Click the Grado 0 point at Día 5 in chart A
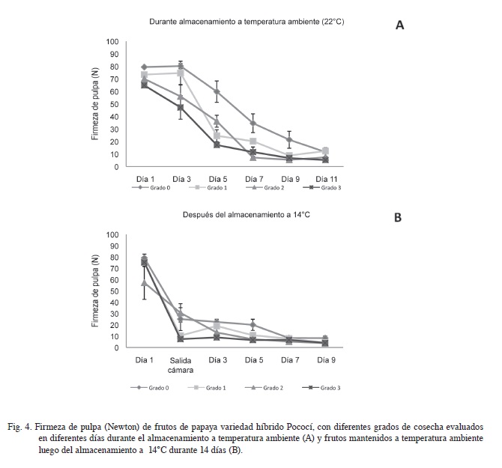217,91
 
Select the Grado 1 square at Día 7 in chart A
253,141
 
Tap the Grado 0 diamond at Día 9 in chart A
289,140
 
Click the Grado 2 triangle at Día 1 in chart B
145,283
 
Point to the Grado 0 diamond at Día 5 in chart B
253,325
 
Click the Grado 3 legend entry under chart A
321,187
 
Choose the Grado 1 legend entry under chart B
207,388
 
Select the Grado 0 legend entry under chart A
151,187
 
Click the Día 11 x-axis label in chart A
326,179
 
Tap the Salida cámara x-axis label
181,365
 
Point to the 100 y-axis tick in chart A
112,42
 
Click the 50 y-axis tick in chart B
115,291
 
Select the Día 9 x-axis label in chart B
326,360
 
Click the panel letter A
399,25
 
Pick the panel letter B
398,217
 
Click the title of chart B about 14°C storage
247,215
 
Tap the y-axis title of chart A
95,104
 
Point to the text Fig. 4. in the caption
19,427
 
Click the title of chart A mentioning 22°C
247,22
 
